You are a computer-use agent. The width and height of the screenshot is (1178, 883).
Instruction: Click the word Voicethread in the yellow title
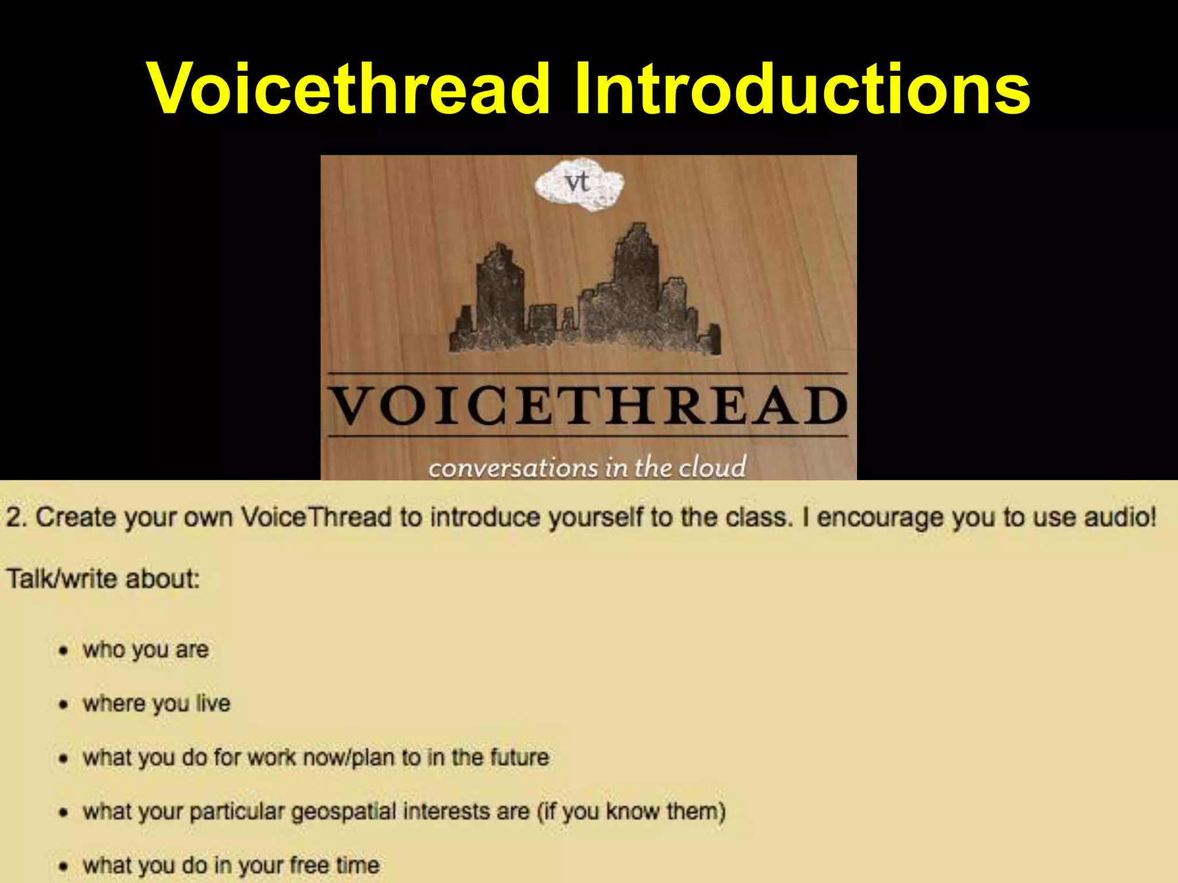349,89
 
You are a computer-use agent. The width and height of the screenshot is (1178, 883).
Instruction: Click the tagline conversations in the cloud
587,467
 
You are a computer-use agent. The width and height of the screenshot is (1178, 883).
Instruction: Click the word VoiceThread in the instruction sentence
316,517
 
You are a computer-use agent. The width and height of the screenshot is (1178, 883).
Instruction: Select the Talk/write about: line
102,579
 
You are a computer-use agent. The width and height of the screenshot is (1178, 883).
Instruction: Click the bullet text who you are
146,650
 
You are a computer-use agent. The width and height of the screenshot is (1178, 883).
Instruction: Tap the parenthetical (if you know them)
631,812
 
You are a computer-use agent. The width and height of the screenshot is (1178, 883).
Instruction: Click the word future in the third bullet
519,758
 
